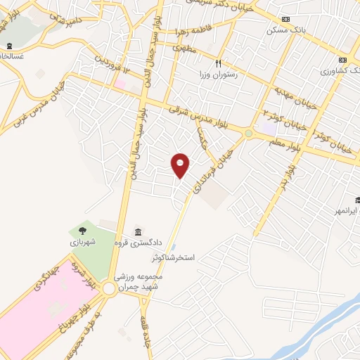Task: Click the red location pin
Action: [x=181, y=165]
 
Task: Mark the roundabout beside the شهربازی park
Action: [x=110, y=289]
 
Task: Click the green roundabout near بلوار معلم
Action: [x=247, y=133]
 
